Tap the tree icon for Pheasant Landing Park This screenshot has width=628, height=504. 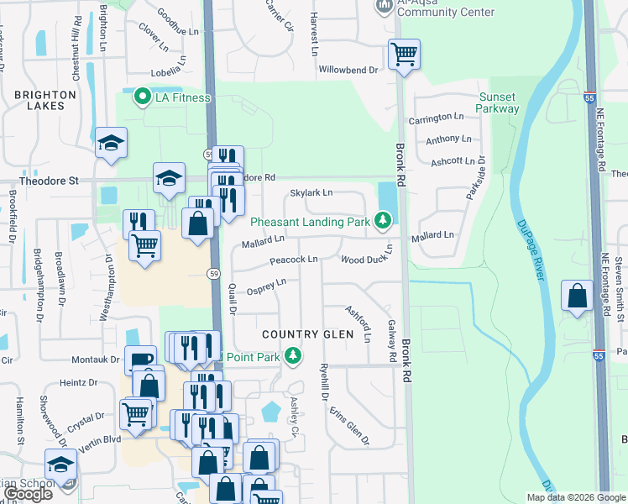click(384, 221)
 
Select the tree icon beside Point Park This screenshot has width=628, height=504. click(293, 357)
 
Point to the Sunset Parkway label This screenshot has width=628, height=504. click(498, 102)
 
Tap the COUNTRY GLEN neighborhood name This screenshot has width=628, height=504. click(301, 334)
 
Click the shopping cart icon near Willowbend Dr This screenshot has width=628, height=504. click(405, 55)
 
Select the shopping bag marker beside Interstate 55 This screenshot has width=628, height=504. click(577, 296)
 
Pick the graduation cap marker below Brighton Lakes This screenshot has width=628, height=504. click(111, 142)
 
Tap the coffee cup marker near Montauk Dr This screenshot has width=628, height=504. click(140, 360)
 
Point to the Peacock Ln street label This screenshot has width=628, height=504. click(294, 260)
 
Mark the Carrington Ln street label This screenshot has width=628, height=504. click(436, 119)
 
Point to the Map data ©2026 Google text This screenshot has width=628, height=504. click(575, 497)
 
